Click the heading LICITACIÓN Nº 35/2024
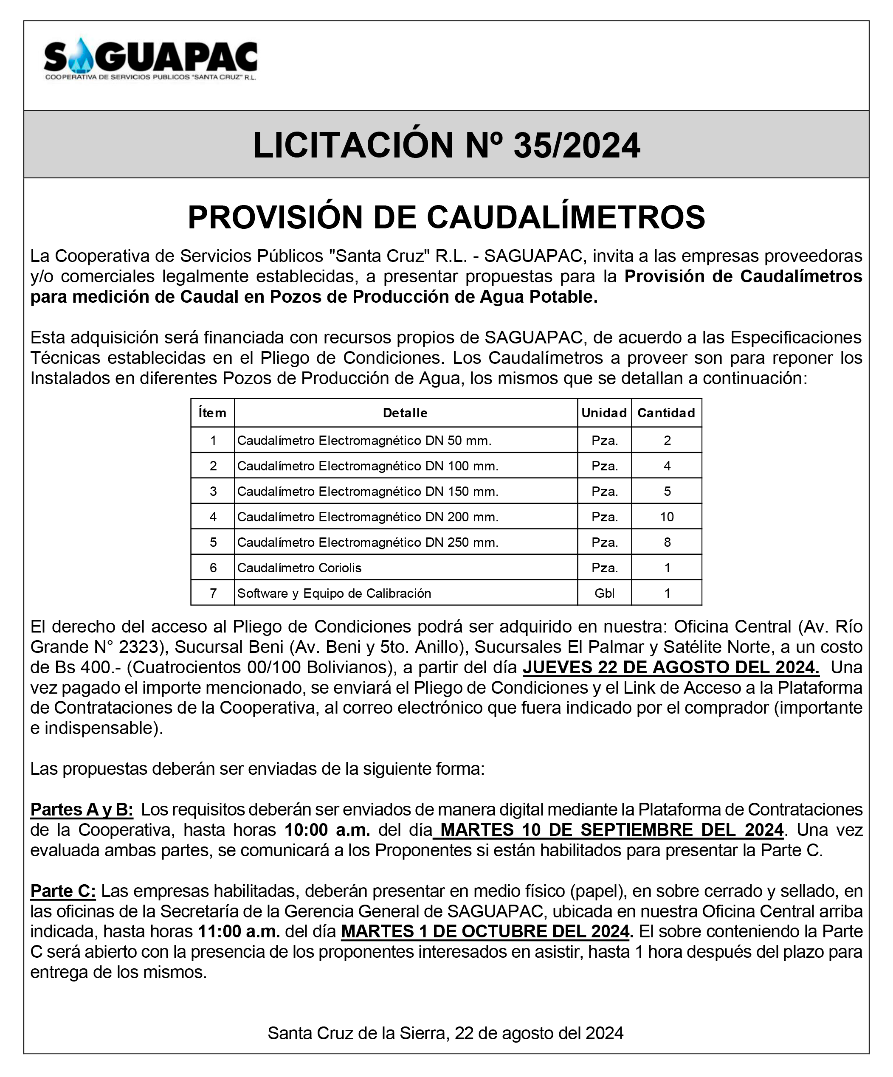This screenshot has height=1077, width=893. (446, 145)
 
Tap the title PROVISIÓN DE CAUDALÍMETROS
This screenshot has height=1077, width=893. (446, 217)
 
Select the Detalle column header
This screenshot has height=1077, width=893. (405, 413)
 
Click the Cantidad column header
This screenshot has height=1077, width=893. (666, 413)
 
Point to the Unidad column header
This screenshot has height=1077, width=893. (604, 413)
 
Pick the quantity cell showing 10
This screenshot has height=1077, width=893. (667, 517)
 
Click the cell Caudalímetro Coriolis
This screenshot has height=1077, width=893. (299, 568)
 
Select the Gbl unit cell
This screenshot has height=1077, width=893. (604, 593)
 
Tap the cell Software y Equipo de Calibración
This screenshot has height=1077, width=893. (334, 593)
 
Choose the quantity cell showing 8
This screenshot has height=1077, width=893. (667, 542)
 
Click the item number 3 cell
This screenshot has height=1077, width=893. (213, 491)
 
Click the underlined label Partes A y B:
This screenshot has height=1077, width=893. (82, 809)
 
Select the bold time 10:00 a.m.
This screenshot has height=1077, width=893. (327, 830)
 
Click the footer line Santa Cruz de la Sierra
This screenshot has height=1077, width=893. (445, 1033)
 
